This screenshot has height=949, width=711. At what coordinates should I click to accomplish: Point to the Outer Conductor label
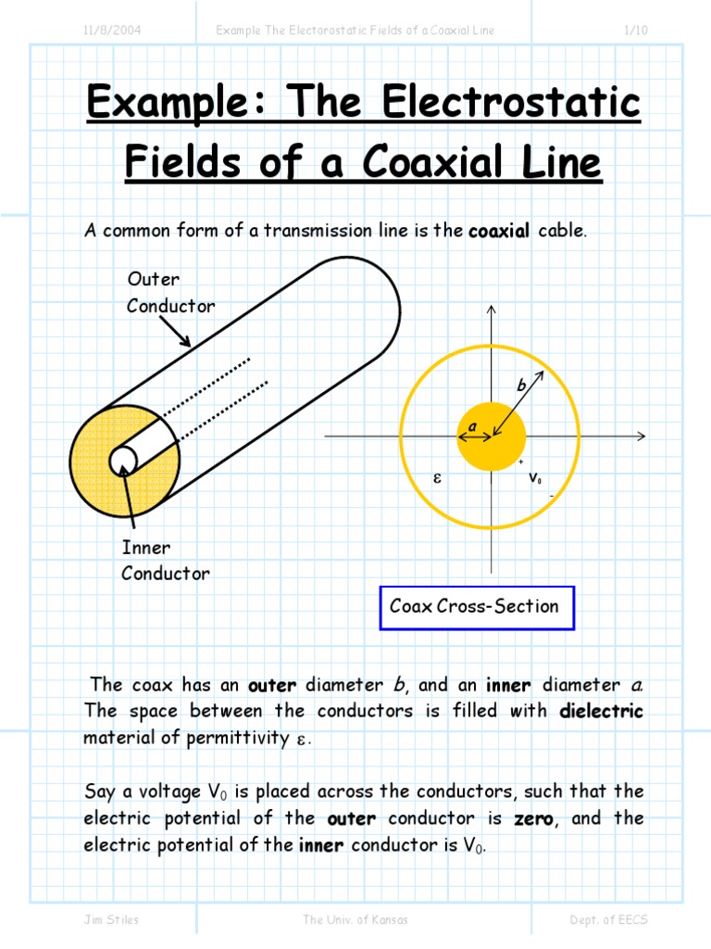click(x=170, y=292)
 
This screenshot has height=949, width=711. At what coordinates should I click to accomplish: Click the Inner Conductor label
click(x=165, y=561)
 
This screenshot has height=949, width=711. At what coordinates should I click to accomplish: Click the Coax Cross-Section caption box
click(x=476, y=607)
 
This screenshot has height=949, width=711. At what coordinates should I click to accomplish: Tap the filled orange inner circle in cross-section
click(x=491, y=437)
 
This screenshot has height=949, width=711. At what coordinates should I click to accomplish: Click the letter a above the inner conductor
click(x=471, y=425)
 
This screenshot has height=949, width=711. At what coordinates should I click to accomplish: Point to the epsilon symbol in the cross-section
click(x=438, y=479)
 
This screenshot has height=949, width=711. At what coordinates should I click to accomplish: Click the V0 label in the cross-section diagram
click(x=535, y=479)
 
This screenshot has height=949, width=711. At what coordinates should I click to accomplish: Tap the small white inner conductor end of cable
click(x=124, y=459)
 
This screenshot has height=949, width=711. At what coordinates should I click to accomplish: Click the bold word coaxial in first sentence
click(x=499, y=231)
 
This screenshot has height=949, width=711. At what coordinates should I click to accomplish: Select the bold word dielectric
click(x=601, y=712)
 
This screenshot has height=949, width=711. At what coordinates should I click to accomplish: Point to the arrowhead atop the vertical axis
click(x=491, y=310)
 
